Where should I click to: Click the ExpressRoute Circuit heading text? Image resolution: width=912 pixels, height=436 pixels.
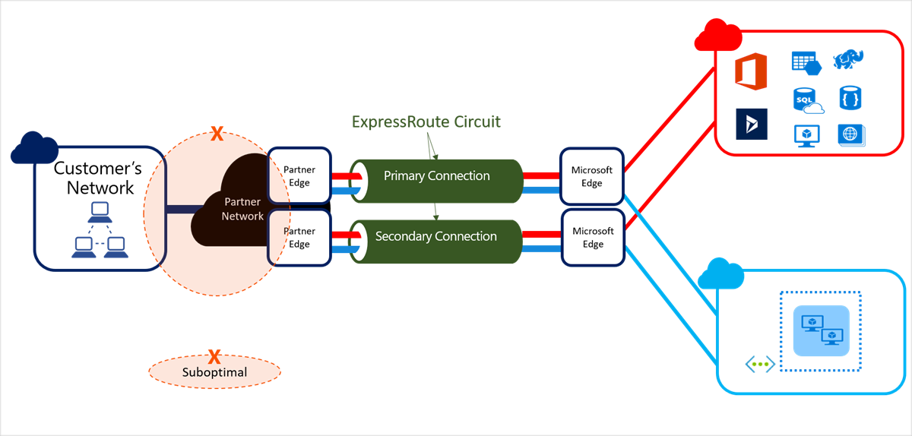[426, 122]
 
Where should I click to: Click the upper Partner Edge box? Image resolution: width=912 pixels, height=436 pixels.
[299, 175]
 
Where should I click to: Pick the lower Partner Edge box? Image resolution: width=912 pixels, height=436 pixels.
[299, 237]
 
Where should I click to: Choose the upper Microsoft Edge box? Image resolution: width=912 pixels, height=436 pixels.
[592, 176]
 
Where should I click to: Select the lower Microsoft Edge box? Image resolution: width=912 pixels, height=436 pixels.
[593, 237]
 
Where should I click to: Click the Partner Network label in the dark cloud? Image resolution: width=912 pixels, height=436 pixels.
[242, 210]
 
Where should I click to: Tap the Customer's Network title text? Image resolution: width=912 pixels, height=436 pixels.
[93, 178]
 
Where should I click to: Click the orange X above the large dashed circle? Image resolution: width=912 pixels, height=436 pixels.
[217, 135]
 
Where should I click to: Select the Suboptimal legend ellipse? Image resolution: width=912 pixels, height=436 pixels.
[214, 372]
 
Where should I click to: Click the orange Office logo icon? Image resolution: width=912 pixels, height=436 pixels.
[750, 71]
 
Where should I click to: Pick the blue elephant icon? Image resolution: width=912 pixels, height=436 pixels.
[848, 60]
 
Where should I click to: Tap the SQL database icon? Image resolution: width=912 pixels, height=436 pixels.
[807, 100]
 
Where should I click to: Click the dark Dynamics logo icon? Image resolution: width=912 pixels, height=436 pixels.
[752, 124]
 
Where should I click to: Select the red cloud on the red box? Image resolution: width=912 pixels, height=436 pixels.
[718, 36]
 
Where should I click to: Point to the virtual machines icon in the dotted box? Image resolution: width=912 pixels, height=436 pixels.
[820, 330]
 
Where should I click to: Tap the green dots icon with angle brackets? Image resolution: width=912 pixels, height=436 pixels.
[759, 364]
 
